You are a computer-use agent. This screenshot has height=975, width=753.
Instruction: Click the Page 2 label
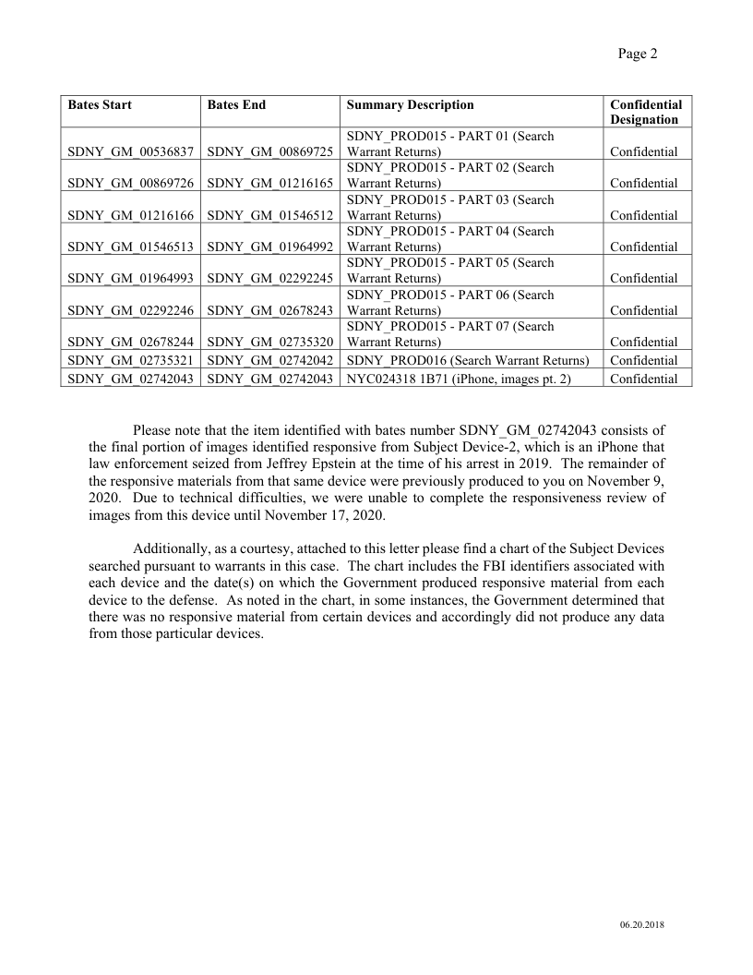coord(638,54)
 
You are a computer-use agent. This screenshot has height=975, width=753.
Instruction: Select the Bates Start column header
coord(100,105)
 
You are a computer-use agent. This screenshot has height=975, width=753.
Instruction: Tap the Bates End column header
coord(236,105)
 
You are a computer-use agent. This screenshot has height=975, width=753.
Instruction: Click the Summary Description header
coord(410,105)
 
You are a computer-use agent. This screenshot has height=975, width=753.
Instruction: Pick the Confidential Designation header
coord(646,112)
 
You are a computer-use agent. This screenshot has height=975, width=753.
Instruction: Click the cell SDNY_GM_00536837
coord(130,151)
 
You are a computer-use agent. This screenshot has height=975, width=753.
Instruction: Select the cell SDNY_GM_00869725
coord(269,151)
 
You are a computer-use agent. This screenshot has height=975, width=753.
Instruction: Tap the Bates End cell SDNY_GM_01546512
coord(269,215)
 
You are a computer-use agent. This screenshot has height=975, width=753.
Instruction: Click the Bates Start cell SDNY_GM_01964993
coord(130,278)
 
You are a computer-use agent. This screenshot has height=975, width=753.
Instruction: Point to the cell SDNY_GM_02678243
coord(269,310)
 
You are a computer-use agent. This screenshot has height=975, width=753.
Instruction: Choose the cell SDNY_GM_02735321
coord(130,360)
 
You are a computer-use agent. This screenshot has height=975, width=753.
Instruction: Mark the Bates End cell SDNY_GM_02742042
coord(269,360)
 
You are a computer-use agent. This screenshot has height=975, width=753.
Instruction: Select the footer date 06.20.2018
coord(641,926)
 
